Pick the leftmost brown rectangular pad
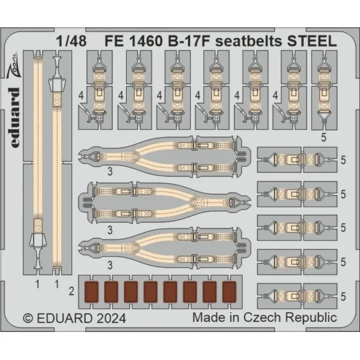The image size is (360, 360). [92, 291]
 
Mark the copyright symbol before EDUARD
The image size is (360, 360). [28, 317]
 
